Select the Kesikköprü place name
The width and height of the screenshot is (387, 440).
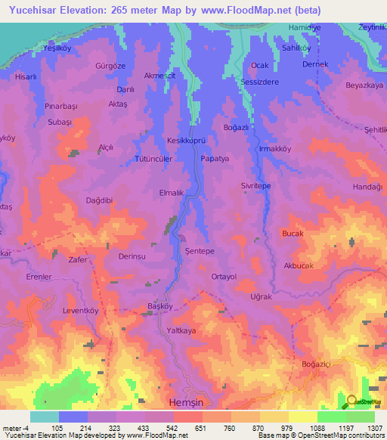186,141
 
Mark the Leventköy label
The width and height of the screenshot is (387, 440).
80,311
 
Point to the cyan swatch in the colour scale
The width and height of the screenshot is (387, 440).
44,417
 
